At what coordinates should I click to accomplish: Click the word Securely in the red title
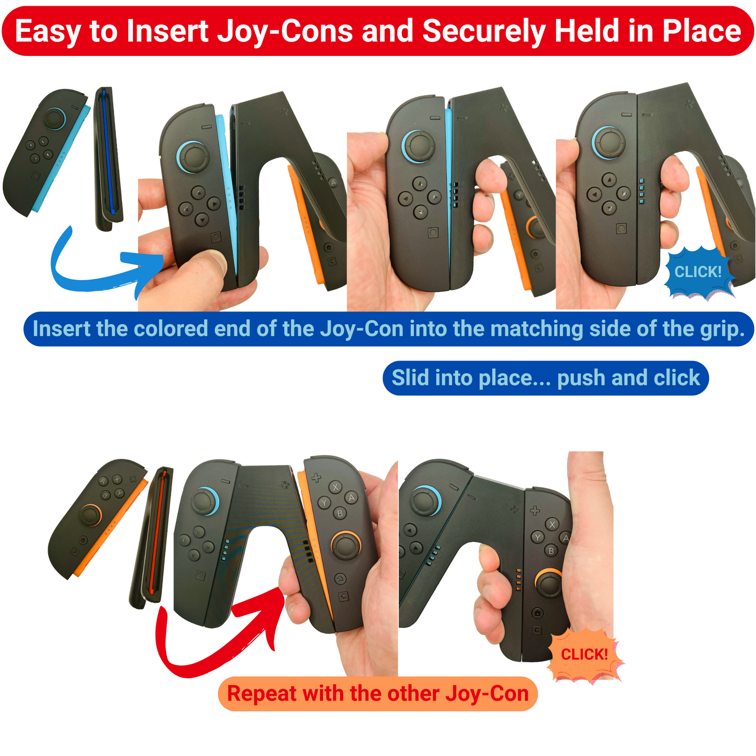coord(484,32)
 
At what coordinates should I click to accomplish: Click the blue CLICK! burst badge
coord(698,272)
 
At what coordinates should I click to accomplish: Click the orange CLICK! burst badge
coord(584,655)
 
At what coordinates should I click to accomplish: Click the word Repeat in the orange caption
coord(262,694)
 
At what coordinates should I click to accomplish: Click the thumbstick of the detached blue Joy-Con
coord(54,118)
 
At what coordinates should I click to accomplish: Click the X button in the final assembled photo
coord(552,525)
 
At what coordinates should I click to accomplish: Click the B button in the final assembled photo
coord(551,550)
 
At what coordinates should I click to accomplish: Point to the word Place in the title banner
coord(702,32)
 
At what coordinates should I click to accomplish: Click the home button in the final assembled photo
coord(537,613)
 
